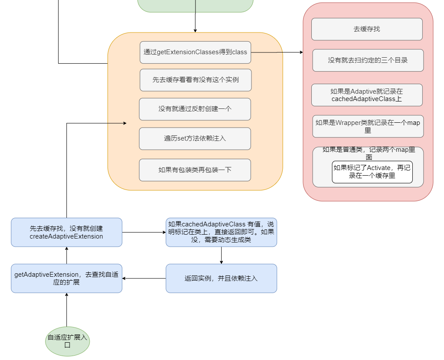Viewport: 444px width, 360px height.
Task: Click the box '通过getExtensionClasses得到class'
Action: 195,52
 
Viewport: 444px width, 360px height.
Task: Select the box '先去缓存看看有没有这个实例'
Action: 195,80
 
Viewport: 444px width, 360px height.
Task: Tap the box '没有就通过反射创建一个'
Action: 195,109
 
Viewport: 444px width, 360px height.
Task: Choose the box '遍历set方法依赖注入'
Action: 195,138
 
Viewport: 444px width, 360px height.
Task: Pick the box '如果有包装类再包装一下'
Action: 195,170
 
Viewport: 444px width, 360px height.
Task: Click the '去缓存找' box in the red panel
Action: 367,29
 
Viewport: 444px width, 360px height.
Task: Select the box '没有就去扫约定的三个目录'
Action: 368,60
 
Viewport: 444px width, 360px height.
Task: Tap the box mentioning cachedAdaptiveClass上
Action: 367,95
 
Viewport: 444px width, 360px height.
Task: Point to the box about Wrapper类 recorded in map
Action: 368,126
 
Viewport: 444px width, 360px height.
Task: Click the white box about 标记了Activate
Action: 372,172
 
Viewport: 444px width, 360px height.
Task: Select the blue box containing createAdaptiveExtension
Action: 66,232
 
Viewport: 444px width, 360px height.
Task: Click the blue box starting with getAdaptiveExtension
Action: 66,278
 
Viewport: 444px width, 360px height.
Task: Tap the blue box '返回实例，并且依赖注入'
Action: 221,278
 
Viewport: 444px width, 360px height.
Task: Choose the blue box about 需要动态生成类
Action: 221,232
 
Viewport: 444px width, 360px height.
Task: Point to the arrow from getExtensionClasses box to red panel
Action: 277,52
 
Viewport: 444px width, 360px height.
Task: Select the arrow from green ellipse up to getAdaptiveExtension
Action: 67,310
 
